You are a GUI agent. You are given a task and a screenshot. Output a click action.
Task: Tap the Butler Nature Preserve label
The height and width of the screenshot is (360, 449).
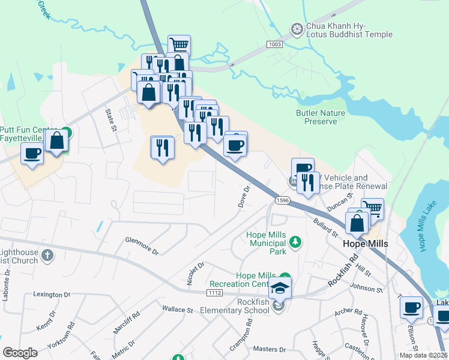321,117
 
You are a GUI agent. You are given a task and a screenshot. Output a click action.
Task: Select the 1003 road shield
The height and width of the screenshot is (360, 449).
274,45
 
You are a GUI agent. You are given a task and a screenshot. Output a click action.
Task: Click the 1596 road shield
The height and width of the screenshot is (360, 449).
283,200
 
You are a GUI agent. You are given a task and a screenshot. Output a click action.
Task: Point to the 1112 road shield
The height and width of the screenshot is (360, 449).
217,292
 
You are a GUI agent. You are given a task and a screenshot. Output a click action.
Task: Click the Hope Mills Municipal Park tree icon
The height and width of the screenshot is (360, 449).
295,242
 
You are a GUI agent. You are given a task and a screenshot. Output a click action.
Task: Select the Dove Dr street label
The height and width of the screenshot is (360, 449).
244,196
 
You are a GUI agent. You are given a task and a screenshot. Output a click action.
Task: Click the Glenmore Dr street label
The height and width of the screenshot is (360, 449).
142,245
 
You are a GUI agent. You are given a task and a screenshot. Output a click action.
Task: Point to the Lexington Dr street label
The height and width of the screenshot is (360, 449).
52,295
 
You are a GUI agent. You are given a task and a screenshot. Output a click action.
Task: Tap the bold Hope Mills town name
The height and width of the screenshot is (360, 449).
365,244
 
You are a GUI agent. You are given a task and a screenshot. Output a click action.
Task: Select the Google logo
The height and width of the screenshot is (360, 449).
20,353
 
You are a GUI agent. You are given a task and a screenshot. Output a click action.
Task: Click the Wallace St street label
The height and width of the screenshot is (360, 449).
177,310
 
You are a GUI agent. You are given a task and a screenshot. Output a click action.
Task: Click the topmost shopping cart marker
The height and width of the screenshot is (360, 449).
179,44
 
